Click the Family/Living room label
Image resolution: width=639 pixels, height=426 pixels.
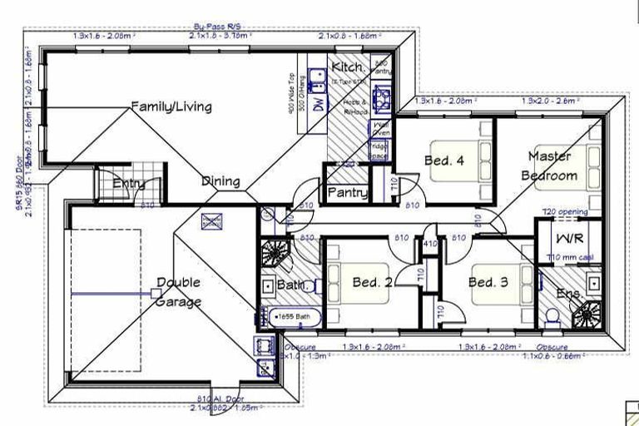tap(171, 106)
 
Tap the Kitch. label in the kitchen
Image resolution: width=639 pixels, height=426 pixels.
tap(346, 67)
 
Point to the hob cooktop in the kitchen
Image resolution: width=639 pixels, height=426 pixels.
tap(382, 98)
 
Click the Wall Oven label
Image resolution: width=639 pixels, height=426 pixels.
tap(380, 128)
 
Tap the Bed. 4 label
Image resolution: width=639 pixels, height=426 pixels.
tap(443, 161)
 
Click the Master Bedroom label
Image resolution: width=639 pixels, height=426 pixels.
tap(548, 166)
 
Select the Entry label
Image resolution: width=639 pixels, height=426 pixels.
tap(130, 184)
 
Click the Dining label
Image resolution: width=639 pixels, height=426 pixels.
tap(220, 181)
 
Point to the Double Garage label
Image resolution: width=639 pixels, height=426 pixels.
tap(178, 292)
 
